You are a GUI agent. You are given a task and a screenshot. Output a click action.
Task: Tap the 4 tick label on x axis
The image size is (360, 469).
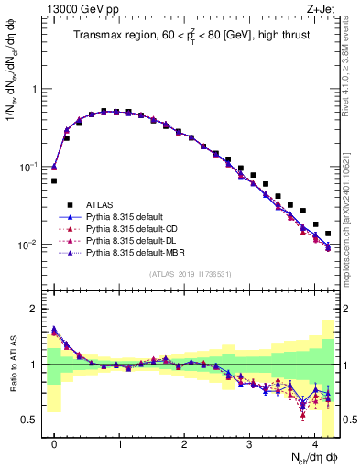pos(315,441)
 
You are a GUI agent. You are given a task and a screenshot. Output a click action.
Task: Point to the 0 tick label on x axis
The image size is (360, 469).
pos(55,441)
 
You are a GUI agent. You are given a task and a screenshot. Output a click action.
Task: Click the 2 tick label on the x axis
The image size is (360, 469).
pos(185,441)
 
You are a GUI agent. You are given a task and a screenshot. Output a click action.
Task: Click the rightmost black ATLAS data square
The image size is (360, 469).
pos(328,234)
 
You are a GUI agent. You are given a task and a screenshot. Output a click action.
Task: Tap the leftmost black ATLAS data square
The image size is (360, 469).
pos(54,181)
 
